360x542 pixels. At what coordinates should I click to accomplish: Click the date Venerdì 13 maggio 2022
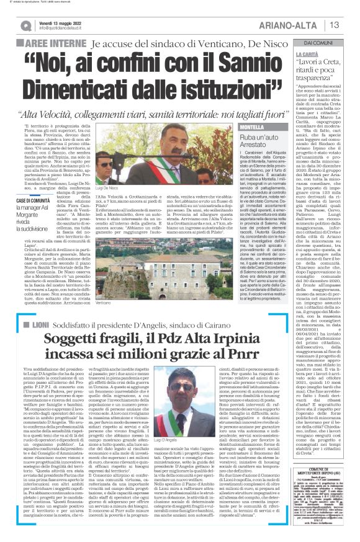[62, 22]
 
